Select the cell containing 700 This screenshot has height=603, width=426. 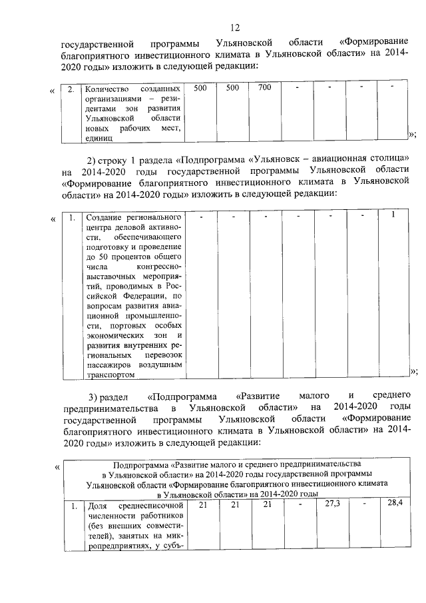point(264,88)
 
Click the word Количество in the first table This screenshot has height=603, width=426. point(102,89)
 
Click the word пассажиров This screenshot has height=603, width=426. point(108,366)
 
